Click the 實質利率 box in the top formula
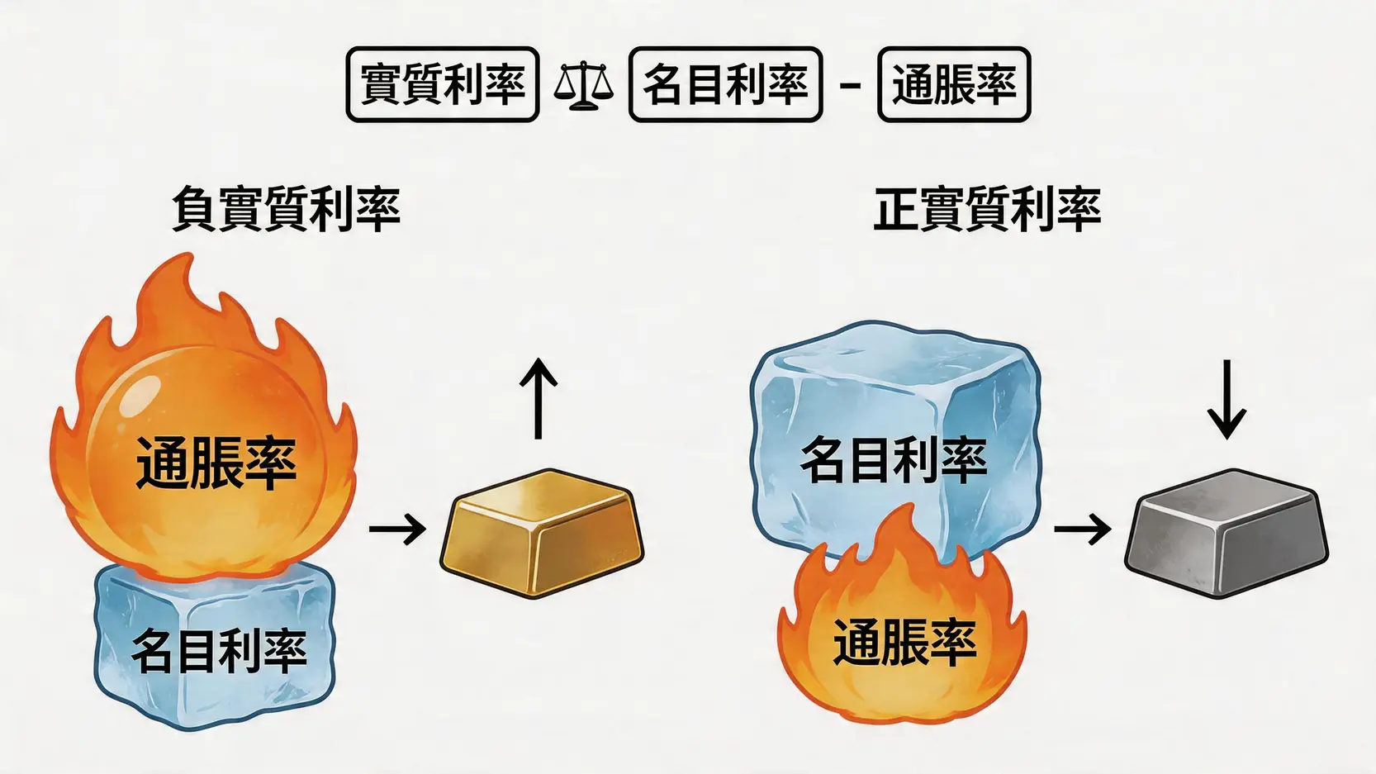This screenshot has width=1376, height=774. [x=443, y=84]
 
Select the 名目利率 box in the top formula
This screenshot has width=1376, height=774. [x=725, y=84]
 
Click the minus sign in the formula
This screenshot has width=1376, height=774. [x=850, y=85]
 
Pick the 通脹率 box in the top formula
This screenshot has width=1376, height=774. [x=954, y=84]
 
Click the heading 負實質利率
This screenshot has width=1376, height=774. [x=286, y=209]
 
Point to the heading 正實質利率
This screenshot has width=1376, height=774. [x=987, y=209]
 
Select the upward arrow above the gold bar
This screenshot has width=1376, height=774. [x=539, y=397]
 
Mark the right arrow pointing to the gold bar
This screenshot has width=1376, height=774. [x=397, y=528]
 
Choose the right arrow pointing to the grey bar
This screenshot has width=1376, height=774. [x=1082, y=528]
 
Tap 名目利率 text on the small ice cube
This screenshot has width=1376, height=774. [x=219, y=650]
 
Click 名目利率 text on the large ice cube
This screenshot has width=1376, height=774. [x=894, y=459]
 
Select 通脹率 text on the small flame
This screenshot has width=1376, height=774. [x=904, y=642]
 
